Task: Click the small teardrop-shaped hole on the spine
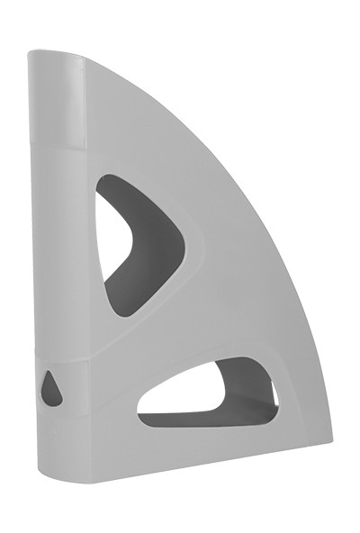coord(52,388)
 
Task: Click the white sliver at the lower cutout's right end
coord(274,394)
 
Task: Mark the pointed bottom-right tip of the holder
coord(328,442)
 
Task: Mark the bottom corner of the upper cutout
coord(126,310)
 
